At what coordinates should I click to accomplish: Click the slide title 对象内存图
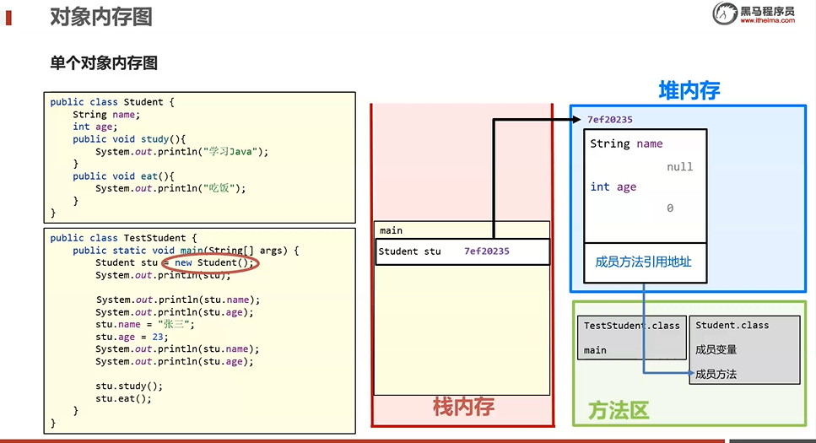tap(101, 16)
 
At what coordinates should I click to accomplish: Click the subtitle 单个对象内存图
tap(104, 63)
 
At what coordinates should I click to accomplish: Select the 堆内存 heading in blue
tap(689, 90)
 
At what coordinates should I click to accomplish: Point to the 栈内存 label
tap(463, 407)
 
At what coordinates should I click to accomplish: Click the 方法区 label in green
tap(618, 411)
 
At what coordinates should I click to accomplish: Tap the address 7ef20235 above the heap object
tap(609, 120)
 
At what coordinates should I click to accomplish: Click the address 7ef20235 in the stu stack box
tap(486, 251)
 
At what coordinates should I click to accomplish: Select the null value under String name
tap(679, 167)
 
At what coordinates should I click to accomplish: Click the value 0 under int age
tap(670, 208)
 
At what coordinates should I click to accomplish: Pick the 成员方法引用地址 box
tap(643, 262)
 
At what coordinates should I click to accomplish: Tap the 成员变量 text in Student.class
tap(716, 349)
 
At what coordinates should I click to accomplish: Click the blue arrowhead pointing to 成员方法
tap(690, 373)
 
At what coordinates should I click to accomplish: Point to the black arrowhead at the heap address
tap(576, 120)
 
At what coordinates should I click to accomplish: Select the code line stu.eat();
tap(123, 398)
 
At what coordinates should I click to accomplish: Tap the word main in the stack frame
tap(391, 230)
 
